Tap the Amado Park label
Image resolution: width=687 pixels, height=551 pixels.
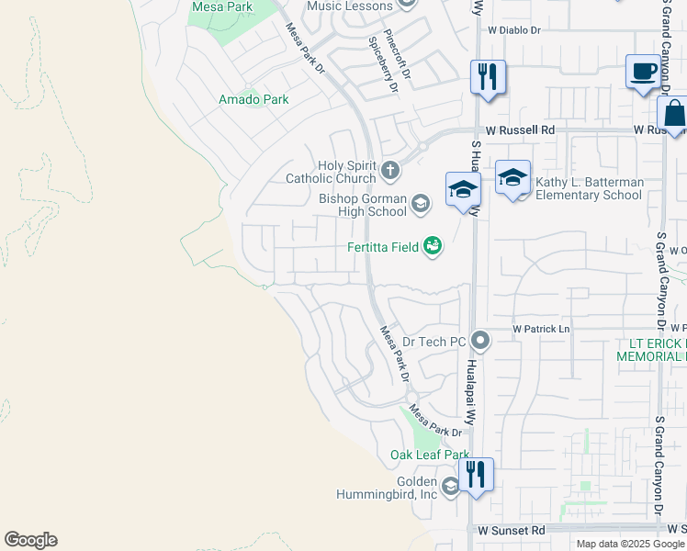point(253,99)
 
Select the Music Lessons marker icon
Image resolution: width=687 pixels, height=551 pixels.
point(408,5)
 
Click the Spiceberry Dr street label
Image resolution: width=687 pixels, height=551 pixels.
point(384,66)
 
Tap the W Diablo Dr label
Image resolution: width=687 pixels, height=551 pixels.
point(514,30)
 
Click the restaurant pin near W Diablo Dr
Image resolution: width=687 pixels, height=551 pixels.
point(488,76)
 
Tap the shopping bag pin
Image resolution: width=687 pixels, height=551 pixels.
point(673,115)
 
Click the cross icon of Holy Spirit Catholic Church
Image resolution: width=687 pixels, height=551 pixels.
point(390,170)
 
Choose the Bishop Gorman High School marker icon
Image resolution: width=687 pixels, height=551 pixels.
point(420,203)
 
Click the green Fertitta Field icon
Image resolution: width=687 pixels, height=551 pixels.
point(433,245)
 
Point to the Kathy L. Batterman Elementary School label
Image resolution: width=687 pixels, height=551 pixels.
point(589,188)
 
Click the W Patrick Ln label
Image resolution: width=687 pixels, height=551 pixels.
point(541,329)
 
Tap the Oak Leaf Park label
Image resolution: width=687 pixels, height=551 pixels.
point(429,455)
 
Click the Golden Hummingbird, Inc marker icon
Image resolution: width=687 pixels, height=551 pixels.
point(450,487)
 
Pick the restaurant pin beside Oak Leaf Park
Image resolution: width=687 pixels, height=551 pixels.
point(476,474)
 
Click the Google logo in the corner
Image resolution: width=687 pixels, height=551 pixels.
point(30,540)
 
